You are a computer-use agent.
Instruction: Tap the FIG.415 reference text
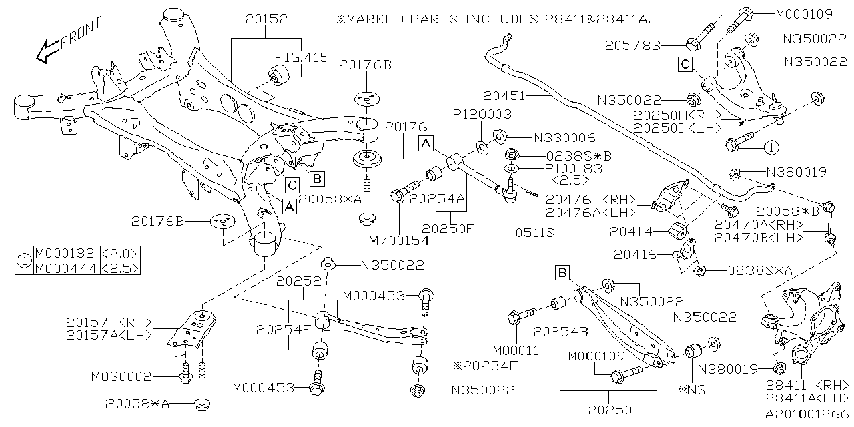click(x=302, y=58)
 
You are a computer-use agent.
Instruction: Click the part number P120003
click(x=482, y=115)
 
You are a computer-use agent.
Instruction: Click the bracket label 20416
click(x=636, y=255)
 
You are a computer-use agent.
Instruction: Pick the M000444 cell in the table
click(x=65, y=268)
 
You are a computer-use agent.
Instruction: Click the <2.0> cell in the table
click(x=120, y=253)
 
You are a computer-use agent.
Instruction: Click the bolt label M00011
click(x=516, y=350)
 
